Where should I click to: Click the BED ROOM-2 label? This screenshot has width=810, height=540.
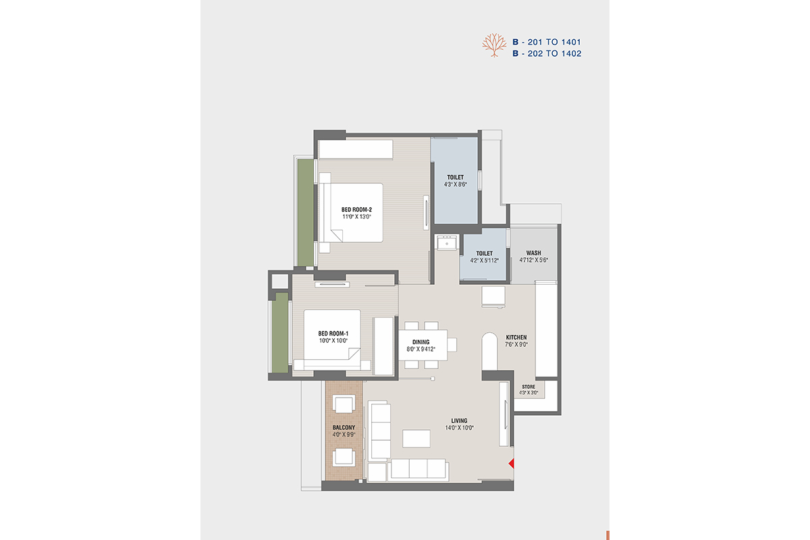[x=356, y=210]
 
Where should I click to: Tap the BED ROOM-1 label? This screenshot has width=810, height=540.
[x=333, y=333]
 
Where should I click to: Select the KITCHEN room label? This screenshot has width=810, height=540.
[x=516, y=337]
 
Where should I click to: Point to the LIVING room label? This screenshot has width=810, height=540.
[x=459, y=421]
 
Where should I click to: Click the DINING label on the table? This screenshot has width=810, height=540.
[x=421, y=342]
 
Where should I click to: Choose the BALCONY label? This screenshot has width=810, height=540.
[x=344, y=427]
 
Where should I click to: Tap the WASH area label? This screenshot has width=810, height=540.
[x=534, y=253]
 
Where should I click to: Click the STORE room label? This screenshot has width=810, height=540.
[x=529, y=387]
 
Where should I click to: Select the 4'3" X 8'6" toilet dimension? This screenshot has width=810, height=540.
[x=455, y=184]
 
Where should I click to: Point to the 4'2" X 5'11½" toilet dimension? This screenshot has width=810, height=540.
[x=484, y=261]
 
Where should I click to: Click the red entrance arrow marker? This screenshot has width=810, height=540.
[x=512, y=463]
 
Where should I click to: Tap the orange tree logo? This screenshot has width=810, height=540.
[x=494, y=45]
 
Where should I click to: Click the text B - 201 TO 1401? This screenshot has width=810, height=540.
[x=547, y=42]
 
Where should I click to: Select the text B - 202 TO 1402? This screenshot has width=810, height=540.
[x=547, y=53]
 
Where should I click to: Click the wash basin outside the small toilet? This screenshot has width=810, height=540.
[x=448, y=242]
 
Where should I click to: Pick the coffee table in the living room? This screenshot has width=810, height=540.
[x=416, y=438]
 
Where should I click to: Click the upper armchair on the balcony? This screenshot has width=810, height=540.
[x=344, y=404]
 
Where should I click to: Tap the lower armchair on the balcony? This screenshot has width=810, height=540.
[x=344, y=457]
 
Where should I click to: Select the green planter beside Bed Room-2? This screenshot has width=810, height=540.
[x=306, y=213]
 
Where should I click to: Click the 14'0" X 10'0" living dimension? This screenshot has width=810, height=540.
[x=459, y=428]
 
